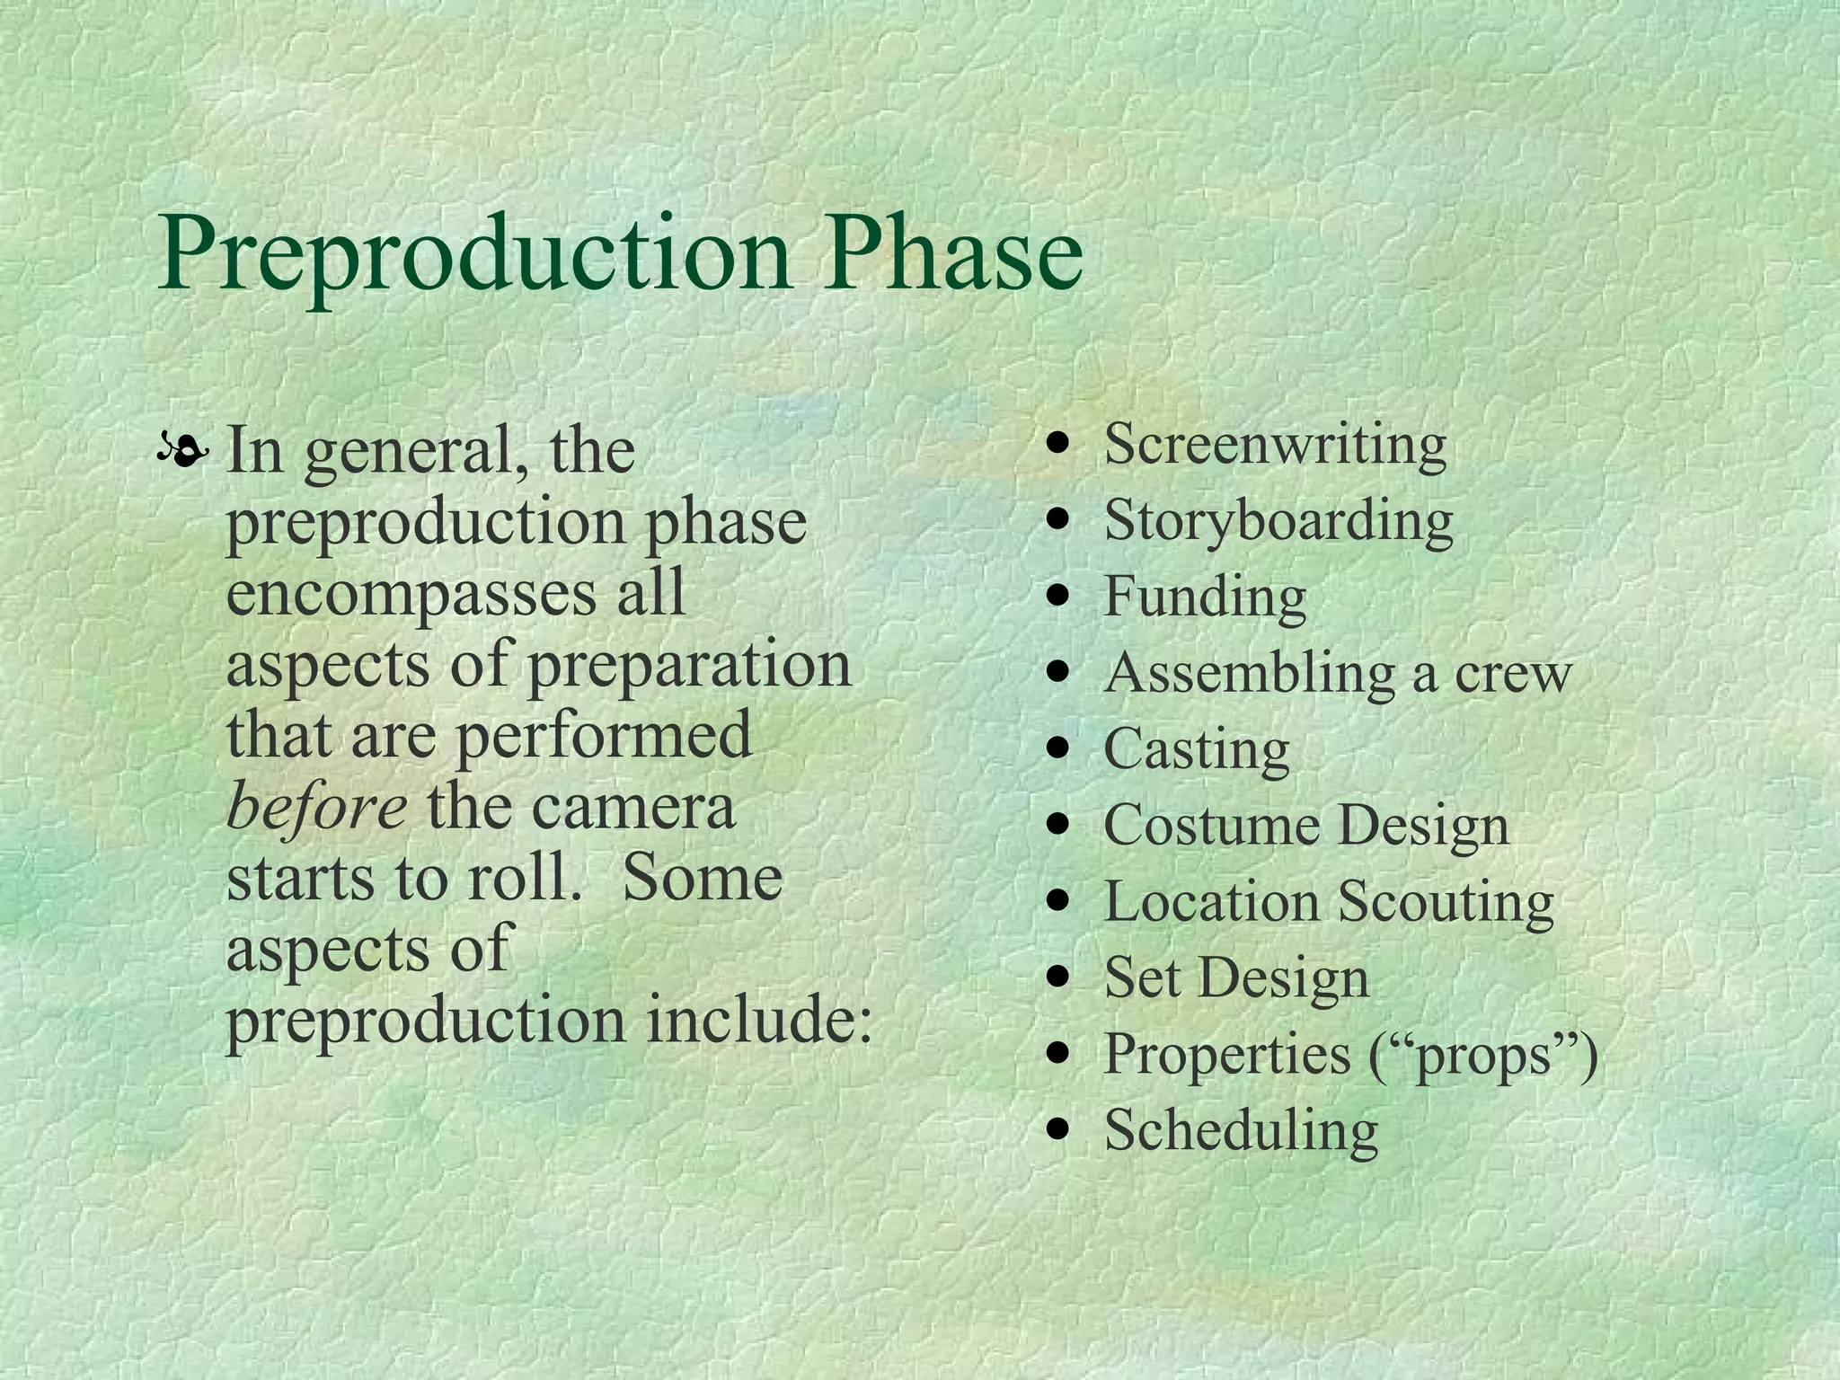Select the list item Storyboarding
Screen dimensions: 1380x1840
(x=1278, y=521)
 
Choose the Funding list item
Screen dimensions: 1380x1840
(x=1204, y=597)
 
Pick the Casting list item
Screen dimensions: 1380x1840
(x=1196, y=749)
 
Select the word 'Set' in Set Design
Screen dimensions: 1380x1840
(x=1141, y=977)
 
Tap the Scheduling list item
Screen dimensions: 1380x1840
(x=1240, y=1130)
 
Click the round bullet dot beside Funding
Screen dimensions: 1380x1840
(x=1062, y=595)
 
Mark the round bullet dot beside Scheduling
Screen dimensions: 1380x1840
(x=1062, y=1128)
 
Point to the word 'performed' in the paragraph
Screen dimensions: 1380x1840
(x=604, y=735)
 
